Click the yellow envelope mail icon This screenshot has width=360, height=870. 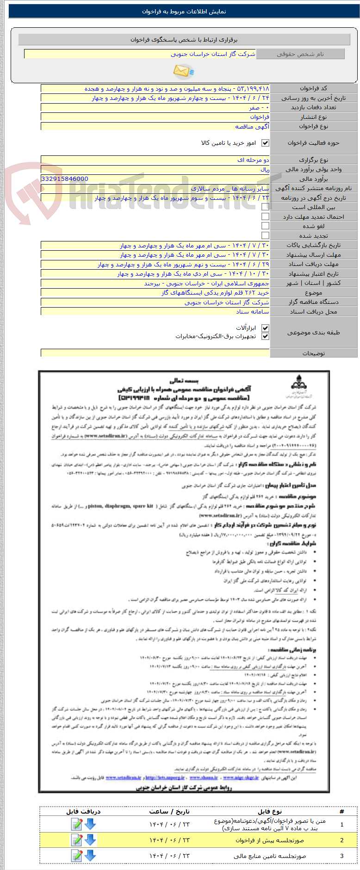click(183, 71)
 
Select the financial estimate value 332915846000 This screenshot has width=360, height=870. click(65, 179)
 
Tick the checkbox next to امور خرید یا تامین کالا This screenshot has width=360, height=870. click(265, 143)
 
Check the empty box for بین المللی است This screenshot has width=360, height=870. click(265, 207)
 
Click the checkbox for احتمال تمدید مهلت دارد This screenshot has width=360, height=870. click(265, 216)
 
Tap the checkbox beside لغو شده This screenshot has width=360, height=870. click(265, 226)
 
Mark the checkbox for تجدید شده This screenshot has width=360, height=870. click(265, 235)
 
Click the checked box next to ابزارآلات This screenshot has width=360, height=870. click(265, 328)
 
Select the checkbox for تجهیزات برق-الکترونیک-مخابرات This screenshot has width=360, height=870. click(265, 336)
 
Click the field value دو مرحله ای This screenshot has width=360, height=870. click(253, 160)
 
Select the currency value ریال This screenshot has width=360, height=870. click(264, 169)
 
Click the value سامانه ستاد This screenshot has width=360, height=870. click(252, 312)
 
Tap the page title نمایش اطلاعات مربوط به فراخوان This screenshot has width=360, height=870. click(184, 12)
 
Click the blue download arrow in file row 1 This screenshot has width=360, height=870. click(90, 824)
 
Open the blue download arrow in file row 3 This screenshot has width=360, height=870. click(90, 855)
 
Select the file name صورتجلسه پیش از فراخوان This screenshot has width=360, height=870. click(270, 840)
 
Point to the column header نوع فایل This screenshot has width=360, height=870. click(270, 811)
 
